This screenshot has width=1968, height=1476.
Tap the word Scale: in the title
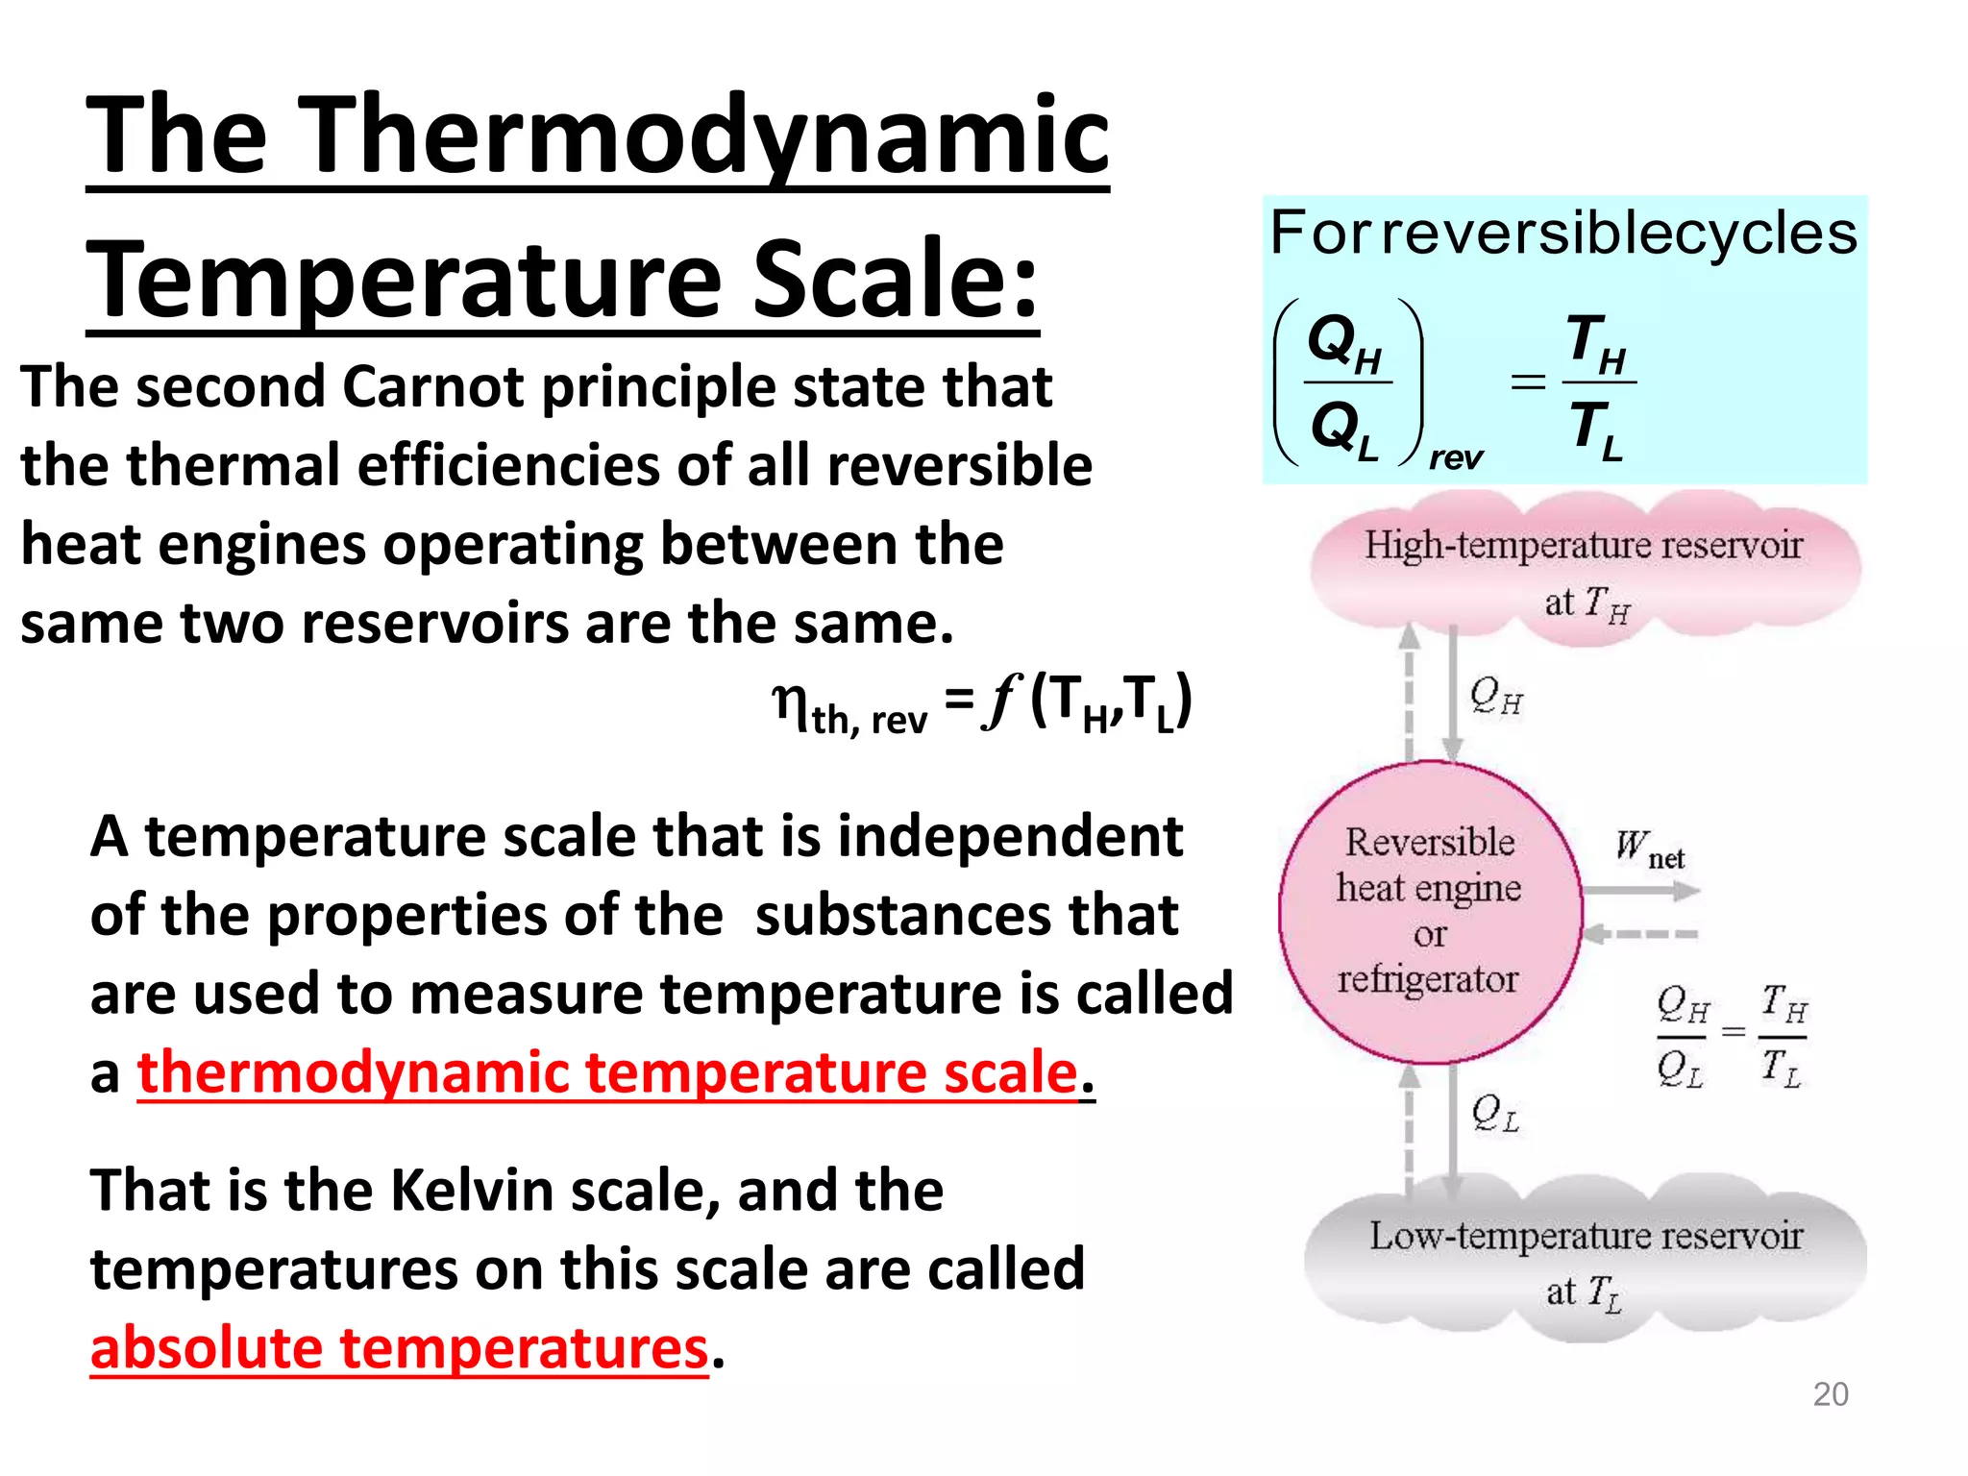tap(895, 280)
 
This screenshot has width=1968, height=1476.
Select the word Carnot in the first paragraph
tap(433, 387)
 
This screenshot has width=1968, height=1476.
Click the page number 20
tap(1830, 1393)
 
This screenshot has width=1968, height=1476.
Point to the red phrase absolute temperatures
tap(399, 1347)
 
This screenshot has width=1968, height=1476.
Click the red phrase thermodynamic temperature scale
tap(607, 1071)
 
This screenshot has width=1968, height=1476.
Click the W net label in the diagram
tap(1649, 849)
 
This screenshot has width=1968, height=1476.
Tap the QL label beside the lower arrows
tap(1495, 1114)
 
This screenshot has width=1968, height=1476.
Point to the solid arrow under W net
tap(1641, 891)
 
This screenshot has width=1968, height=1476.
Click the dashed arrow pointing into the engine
tap(1641, 933)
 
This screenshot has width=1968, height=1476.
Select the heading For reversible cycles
tap(1563, 234)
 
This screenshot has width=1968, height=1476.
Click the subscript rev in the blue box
tap(1455, 457)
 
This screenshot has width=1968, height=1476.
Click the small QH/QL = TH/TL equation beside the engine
tap(1732, 1036)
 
